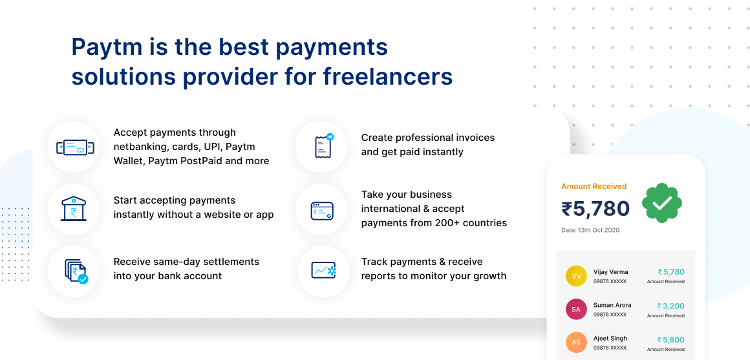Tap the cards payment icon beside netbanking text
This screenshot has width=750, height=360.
[x=74, y=147]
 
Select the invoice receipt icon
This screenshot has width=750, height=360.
[x=323, y=146]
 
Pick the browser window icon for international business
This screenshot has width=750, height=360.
[x=322, y=210]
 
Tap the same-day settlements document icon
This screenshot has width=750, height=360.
[x=75, y=271]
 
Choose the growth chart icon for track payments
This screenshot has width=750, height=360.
[x=323, y=270]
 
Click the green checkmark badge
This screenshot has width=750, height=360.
[x=662, y=203]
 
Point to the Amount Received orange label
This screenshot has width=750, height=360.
[x=594, y=186]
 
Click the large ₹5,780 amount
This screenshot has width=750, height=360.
[x=595, y=209]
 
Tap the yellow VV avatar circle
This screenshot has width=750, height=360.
[x=576, y=276]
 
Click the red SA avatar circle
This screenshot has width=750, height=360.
[x=576, y=309]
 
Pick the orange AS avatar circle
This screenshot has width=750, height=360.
[x=576, y=343]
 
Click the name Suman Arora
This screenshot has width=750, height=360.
[x=612, y=305]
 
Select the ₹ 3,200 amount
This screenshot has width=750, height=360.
[x=670, y=306]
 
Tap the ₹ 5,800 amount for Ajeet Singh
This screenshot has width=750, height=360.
[x=670, y=339]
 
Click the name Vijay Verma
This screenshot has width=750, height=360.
[x=610, y=272]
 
